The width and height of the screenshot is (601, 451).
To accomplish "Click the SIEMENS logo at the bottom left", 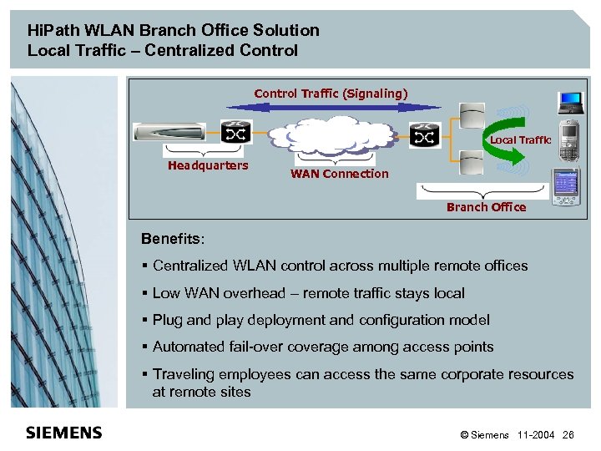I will [64, 433].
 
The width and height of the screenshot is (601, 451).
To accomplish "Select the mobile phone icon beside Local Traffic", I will [568, 141].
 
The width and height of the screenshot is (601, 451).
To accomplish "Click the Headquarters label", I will [208, 165].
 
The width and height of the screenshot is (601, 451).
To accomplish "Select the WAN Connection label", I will [339, 174].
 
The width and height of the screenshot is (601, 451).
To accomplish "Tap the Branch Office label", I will [486, 207].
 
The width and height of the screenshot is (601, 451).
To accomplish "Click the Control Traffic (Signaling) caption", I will [331, 94].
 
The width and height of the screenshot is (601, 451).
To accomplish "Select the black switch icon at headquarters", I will [233, 134].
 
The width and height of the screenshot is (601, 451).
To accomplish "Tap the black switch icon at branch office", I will [425, 134].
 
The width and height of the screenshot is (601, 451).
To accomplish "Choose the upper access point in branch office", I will [471, 110].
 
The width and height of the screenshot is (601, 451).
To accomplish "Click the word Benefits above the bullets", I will [171, 240].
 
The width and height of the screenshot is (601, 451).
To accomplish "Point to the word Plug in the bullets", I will [168, 320].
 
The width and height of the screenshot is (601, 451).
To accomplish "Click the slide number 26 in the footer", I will [568, 435].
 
